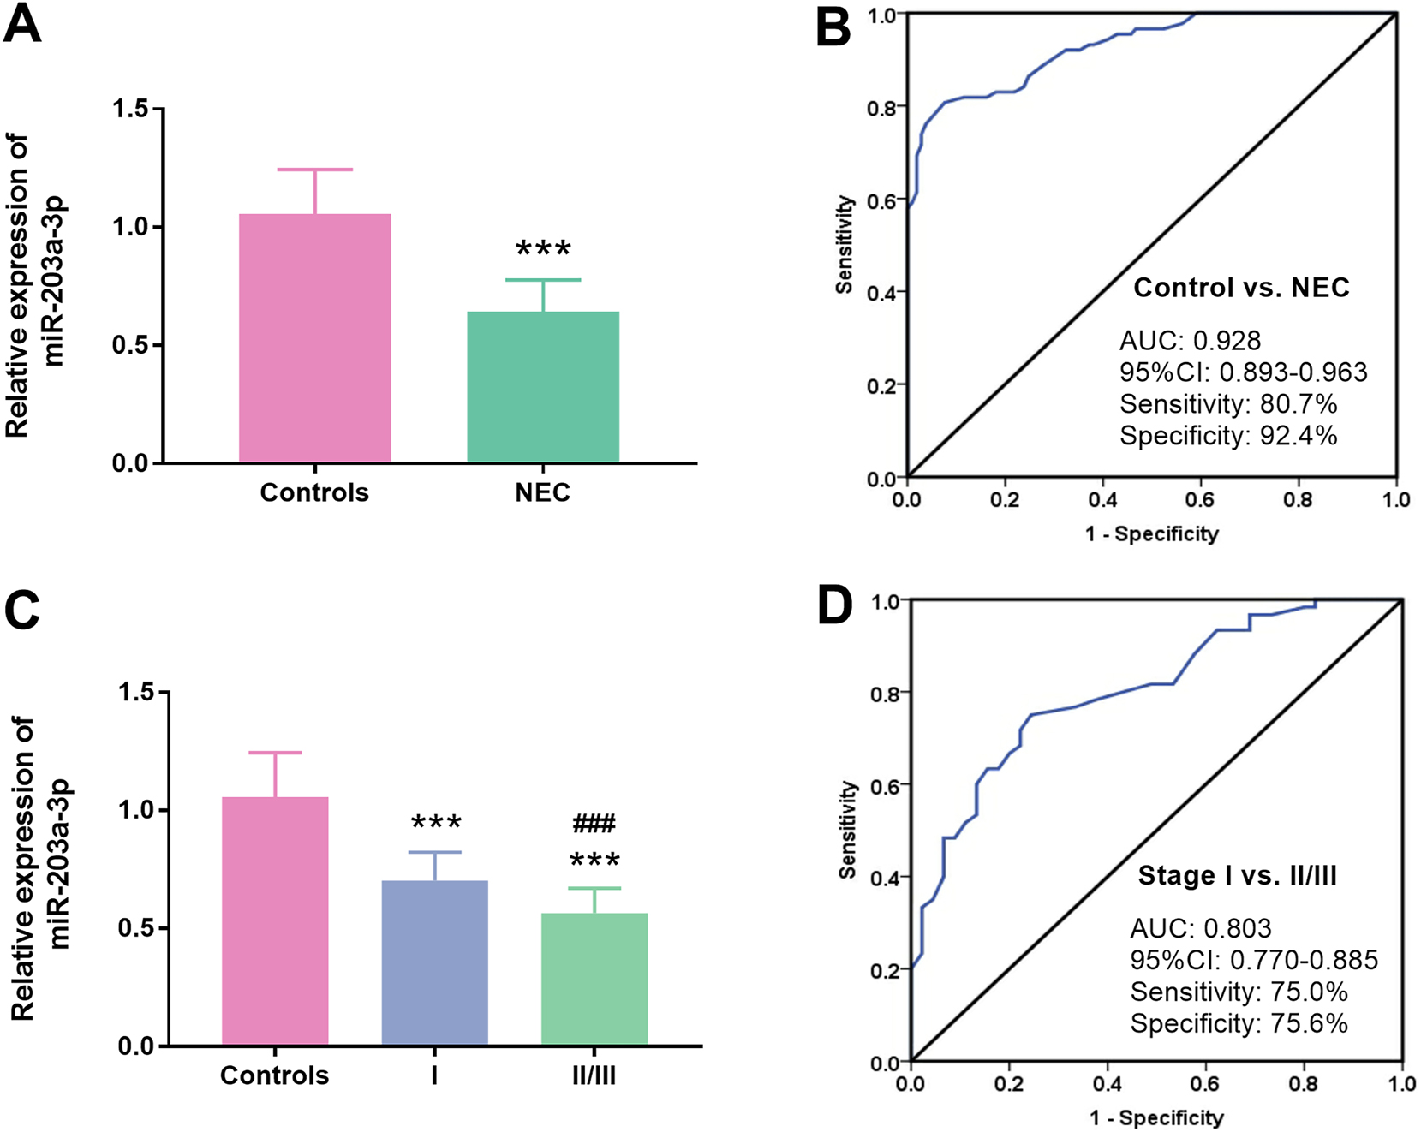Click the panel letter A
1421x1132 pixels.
tap(23, 24)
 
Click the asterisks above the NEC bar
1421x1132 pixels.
tap(543, 250)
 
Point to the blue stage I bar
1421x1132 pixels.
tap(434, 962)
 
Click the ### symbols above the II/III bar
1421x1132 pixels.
tap(594, 824)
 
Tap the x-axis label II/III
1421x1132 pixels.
tap(594, 1075)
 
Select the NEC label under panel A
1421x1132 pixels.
tap(542, 492)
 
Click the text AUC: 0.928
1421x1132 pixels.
tap(1190, 341)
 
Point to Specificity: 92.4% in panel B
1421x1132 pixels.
tap(1228, 436)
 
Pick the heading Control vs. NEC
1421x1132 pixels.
tap(1241, 288)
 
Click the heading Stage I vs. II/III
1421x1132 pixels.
tap(1237, 876)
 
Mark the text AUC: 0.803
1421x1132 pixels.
tap(1200, 928)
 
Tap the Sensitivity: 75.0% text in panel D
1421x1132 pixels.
tap(1239, 992)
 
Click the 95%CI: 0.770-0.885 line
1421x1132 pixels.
tap(1254, 960)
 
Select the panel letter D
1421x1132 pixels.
tap(834, 606)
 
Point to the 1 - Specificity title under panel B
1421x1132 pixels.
tap(1151, 534)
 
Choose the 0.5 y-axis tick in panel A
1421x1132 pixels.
tap(130, 345)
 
